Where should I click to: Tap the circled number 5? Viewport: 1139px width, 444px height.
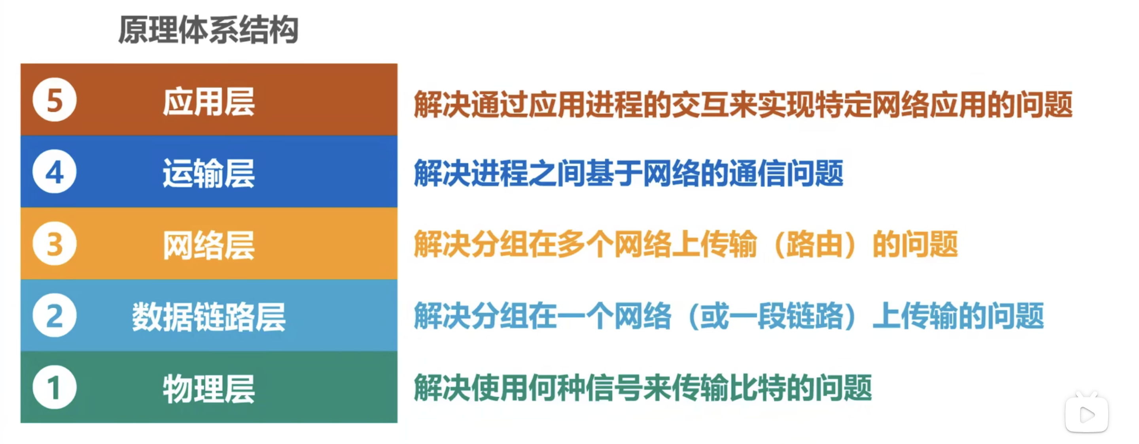55,100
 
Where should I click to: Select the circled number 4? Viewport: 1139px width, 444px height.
55,172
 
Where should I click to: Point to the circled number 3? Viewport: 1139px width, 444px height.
55,244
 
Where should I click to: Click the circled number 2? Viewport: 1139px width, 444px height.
55,316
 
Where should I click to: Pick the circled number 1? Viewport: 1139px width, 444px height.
55,387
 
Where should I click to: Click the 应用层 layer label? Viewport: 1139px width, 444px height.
209,102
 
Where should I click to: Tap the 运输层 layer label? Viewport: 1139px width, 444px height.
209,173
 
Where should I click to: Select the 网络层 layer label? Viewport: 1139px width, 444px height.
209,245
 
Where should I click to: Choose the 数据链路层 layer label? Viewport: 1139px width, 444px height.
209,317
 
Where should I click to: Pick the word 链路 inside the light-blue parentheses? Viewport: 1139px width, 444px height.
814,316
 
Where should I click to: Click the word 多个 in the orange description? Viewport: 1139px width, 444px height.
585,245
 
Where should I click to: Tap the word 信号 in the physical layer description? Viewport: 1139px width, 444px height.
614,388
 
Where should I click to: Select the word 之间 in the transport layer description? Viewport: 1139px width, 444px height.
557,173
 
